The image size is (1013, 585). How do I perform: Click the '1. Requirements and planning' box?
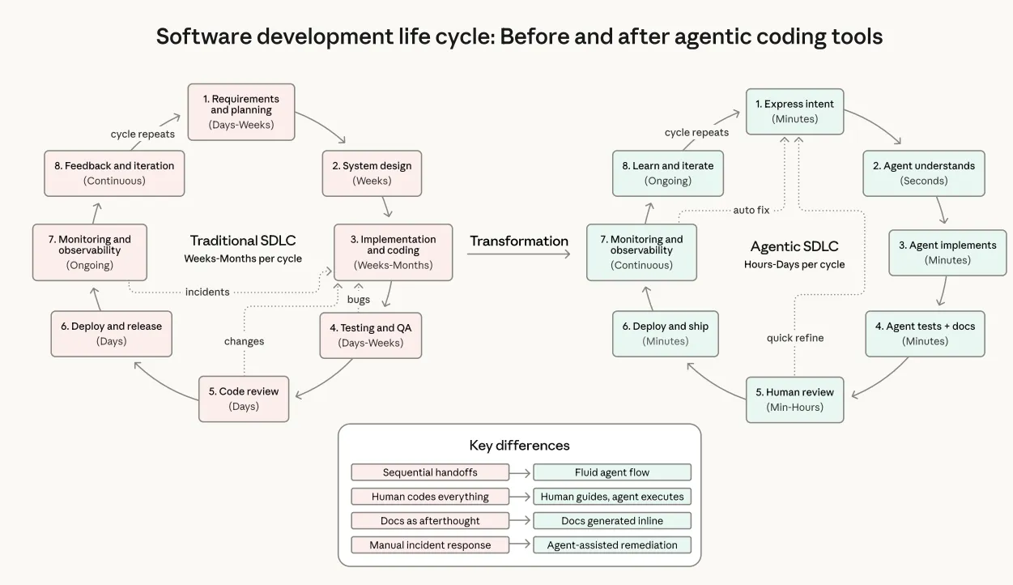coord(241,112)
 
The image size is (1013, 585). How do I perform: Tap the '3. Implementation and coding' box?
coord(393,252)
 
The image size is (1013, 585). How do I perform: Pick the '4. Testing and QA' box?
coord(371,335)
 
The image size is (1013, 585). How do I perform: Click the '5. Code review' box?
coord(244,398)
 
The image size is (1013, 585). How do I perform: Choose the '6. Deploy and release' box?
coord(112,333)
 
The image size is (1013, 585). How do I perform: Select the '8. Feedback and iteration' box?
coord(114,173)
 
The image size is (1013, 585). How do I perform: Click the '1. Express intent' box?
coord(794,111)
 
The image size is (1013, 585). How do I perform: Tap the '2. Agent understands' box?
coord(923,173)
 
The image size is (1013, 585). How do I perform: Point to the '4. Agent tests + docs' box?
coord(925,333)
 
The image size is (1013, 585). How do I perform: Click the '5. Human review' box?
coord(794,399)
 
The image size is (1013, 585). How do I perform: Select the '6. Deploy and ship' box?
coord(666,333)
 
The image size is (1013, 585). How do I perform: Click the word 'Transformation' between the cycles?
coord(519,241)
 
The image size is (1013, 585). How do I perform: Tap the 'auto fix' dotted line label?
coord(751,210)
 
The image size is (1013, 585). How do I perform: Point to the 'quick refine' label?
coord(795,338)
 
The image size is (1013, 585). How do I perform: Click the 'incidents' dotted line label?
coord(207,292)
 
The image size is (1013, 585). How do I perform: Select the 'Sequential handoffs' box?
coord(430,472)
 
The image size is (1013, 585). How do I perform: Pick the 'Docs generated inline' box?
coord(612,521)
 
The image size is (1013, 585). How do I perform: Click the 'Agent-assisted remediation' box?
coord(612,545)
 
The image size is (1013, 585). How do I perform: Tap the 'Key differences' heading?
coord(519,446)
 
